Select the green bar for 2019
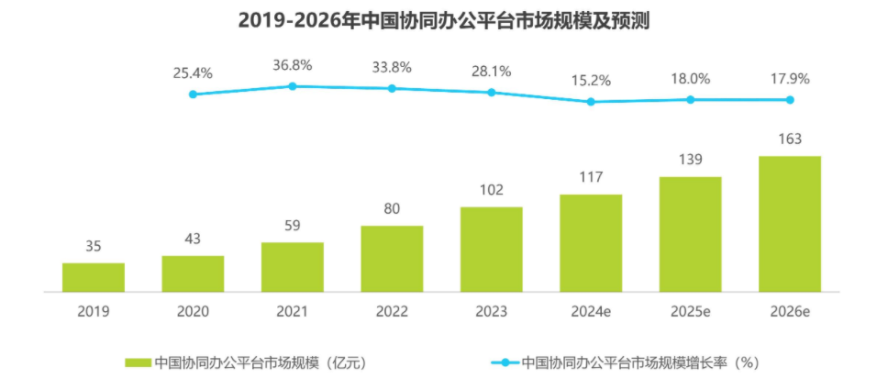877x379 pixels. click(94, 277)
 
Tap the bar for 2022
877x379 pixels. click(392, 258)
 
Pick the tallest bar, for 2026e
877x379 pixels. click(790, 224)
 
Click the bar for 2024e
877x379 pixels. click(591, 243)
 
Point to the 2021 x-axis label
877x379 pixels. click(293, 311)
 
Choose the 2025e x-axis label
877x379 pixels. click(691, 311)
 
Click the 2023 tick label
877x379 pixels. click(492, 311)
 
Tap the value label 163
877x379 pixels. click(790, 139)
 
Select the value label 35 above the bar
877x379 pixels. click(94, 246)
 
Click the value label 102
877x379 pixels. click(492, 190)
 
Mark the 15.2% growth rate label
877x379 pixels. click(591, 80)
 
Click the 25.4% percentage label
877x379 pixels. click(193, 72)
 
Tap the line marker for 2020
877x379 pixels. click(193, 94)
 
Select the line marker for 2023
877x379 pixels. click(492, 92)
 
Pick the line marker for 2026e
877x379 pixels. click(790, 99)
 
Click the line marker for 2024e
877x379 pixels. click(591, 101)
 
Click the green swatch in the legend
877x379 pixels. click(137, 362)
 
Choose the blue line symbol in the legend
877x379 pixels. click(503, 362)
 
